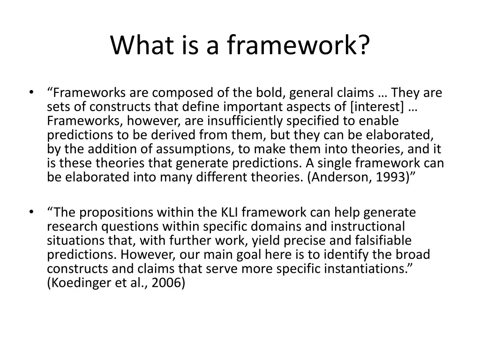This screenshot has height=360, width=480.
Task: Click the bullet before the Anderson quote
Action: [x=31, y=92]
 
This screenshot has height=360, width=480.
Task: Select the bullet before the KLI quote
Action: [x=31, y=212]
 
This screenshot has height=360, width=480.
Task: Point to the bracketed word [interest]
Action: [x=377, y=107]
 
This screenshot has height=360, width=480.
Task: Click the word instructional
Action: [x=366, y=227]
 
